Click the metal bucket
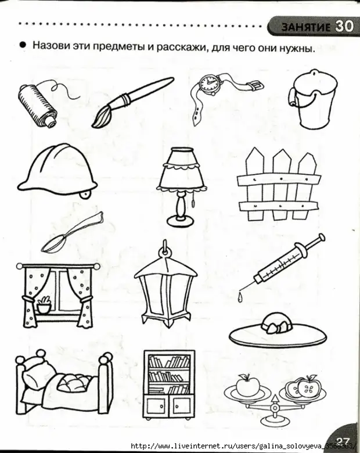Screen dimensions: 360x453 pyautogui.click(x=312, y=98)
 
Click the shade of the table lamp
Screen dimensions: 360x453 pyautogui.click(x=182, y=169)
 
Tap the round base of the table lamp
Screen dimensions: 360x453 pyautogui.click(x=181, y=221)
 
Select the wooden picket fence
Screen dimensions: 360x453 pyautogui.click(x=279, y=184)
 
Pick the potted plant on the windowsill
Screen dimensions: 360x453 pyautogui.click(x=44, y=304)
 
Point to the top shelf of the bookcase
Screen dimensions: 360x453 pyautogui.click(x=169, y=362)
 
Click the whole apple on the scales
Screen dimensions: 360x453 pyautogui.click(x=247, y=385)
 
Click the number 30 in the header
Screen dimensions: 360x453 pyautogui.click(x=344, y=27)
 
